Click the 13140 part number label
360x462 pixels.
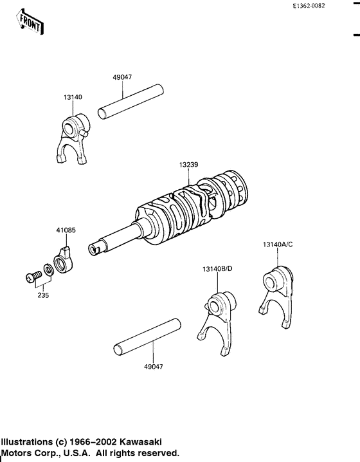73,97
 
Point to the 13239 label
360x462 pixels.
188,165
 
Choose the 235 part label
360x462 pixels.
42,295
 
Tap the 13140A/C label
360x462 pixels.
278,245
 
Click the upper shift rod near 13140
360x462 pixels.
132,101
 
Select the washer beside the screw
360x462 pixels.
48,269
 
